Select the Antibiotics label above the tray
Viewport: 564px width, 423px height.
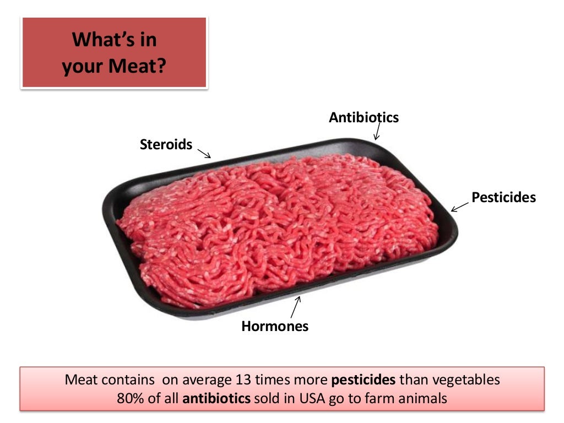point(364,117)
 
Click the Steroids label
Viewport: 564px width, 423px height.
point(166,145)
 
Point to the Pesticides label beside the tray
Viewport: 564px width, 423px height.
point(503,198)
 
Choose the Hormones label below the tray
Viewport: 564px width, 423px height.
point(275,326)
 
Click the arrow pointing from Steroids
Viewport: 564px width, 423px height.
point(204,153)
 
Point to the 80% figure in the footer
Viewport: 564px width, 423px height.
point(130,398)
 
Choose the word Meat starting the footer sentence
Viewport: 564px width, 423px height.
point(81,380)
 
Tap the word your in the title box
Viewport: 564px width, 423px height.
point(83,67)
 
